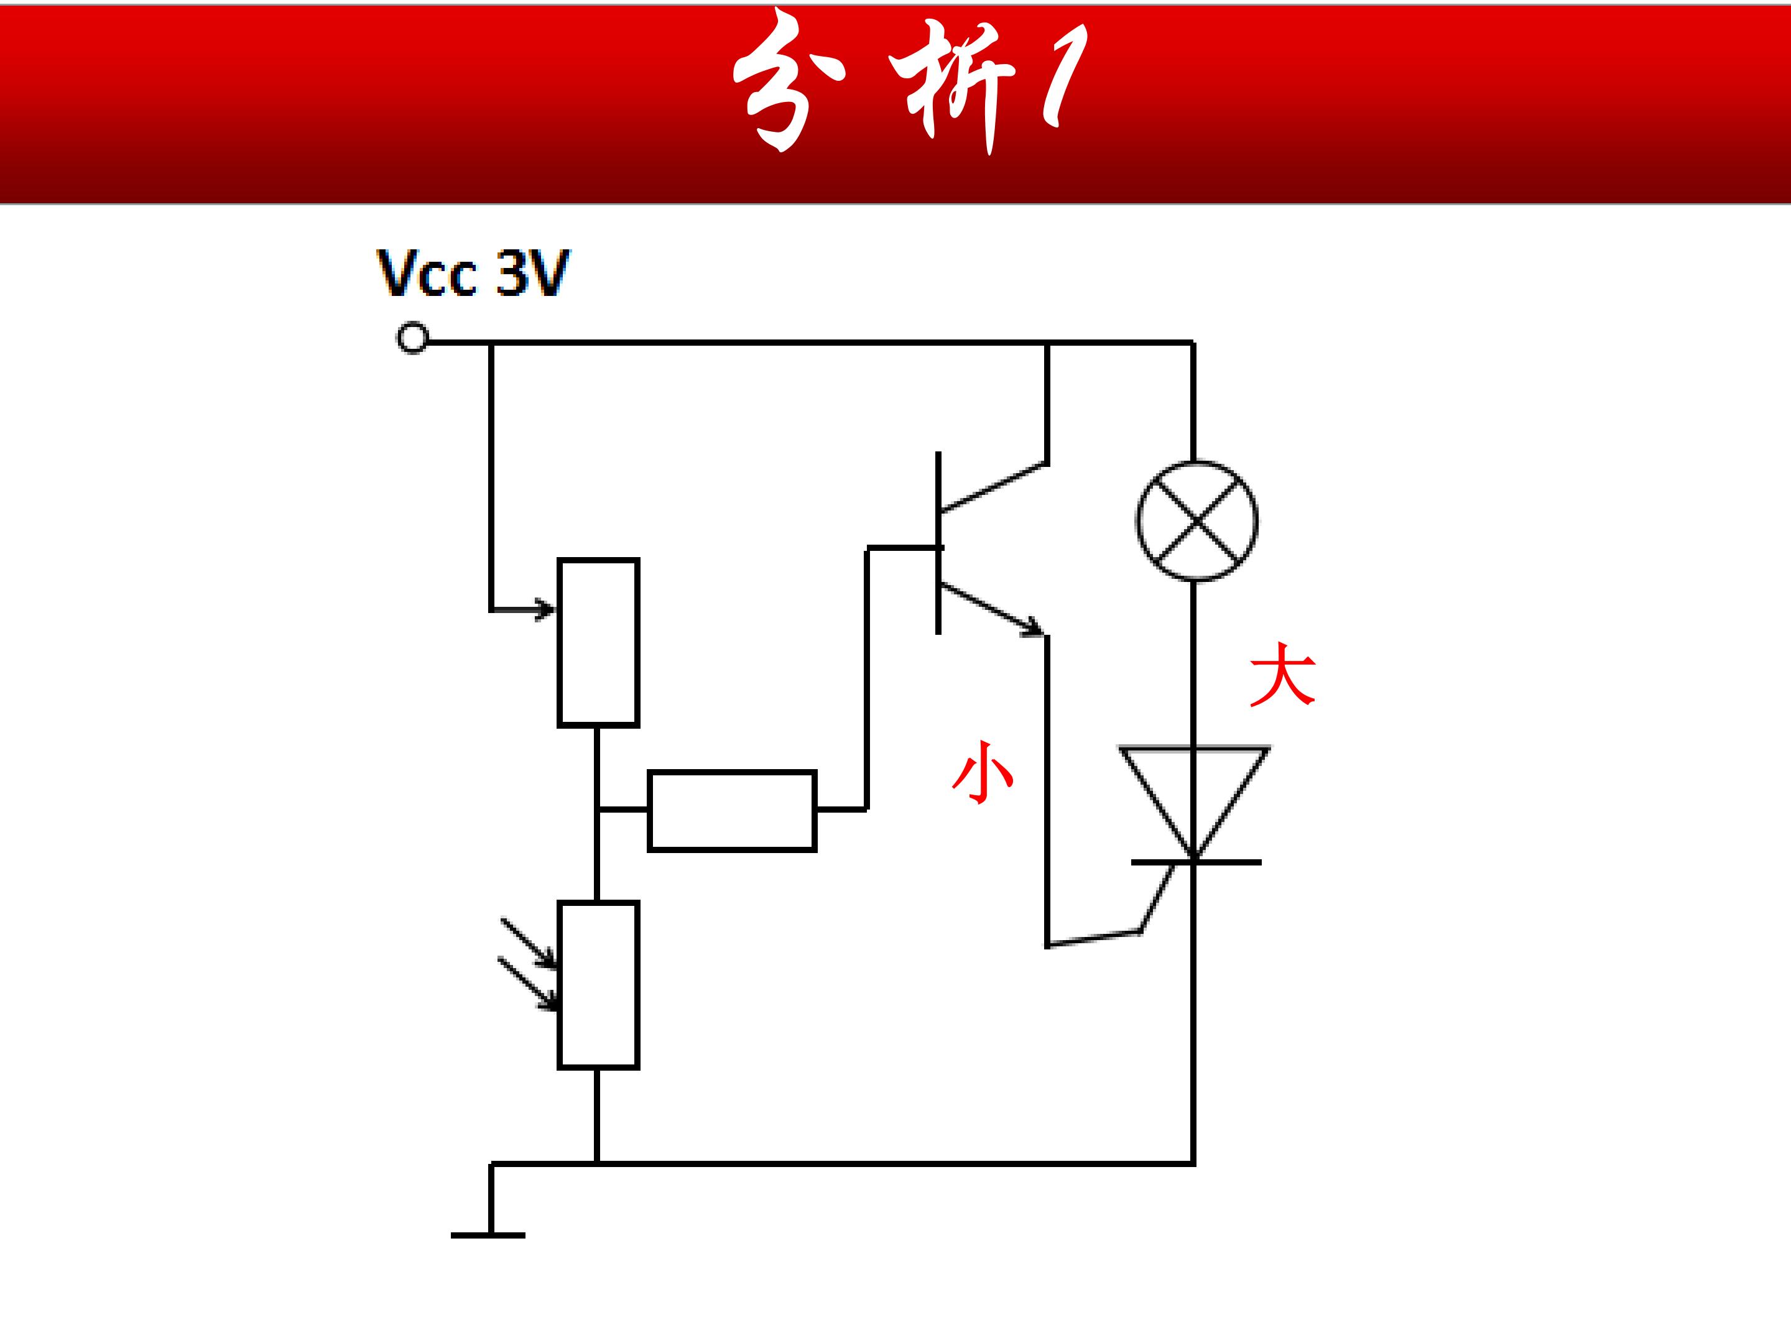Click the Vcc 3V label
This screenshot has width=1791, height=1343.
tap(474, 274)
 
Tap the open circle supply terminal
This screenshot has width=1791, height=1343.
tap(413, 338)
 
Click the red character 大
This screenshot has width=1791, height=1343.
tap(1284, 675)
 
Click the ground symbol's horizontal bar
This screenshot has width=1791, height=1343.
tap(488, 1235)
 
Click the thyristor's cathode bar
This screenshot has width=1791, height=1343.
tap(1196, 863)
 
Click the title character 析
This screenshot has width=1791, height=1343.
tap(952, 89)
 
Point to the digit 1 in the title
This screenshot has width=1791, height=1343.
tap(1064, 77)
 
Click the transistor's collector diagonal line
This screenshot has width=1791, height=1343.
tap(994, 487)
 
